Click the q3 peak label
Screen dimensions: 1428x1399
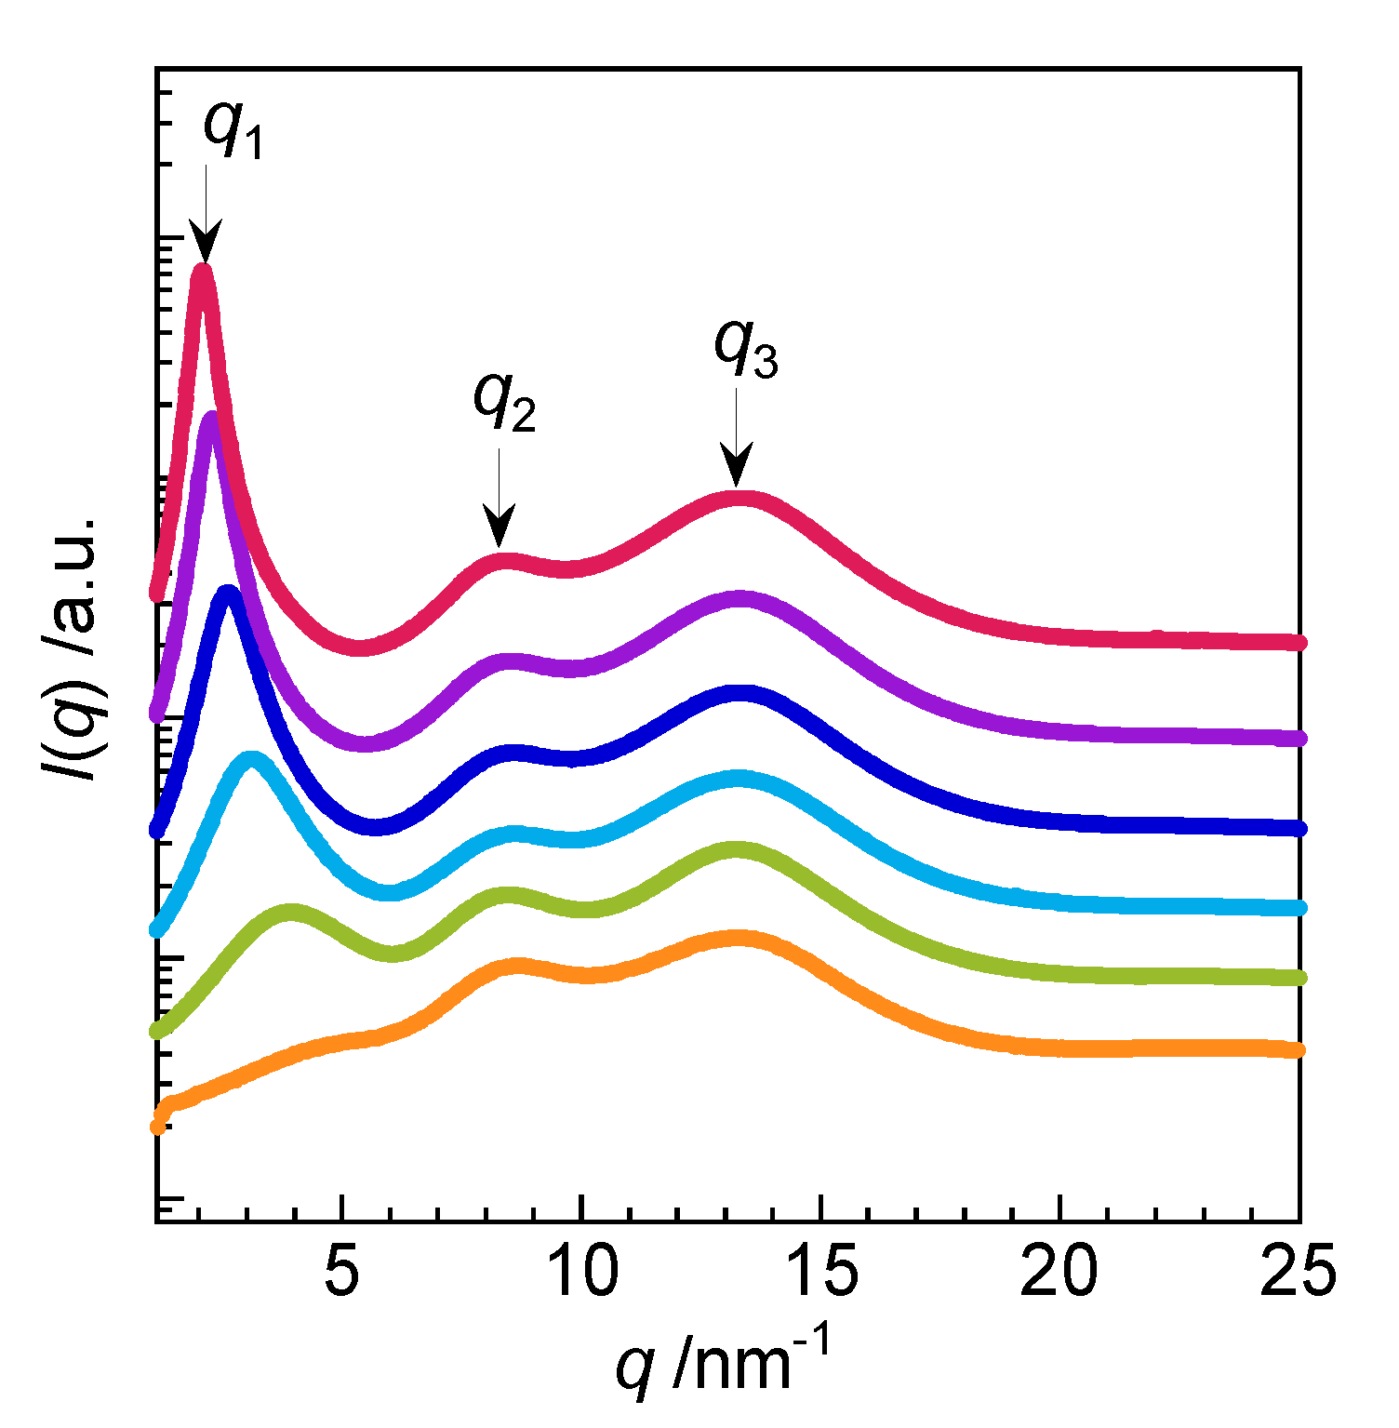tap(745, 348)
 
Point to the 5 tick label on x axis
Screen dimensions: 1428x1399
tap(342, 1271)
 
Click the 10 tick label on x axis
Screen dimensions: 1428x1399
tap(581, 1271)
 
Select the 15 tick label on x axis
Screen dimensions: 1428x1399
tap(820, 1271)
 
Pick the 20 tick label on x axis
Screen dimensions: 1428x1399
tap(1059, 1271)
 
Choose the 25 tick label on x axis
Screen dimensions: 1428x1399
tap(1297, 1271)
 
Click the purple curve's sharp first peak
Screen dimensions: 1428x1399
tap(212, 419)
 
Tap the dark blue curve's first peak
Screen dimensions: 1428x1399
tap(227, 594)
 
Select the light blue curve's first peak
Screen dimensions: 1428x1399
tap(250, 758)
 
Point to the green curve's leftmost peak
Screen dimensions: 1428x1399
tap(291, 912)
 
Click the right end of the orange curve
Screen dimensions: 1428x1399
tap(1299, 1050)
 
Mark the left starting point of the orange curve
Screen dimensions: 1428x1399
tap(158, 1127)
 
